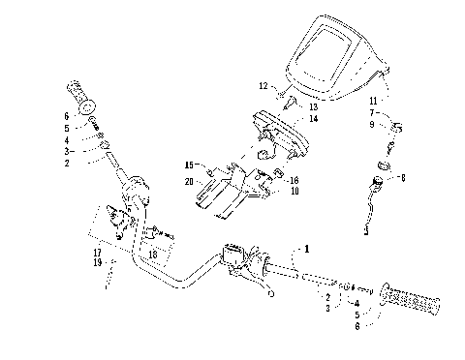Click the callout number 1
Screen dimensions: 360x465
[309, 248]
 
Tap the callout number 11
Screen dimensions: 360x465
[374, 101]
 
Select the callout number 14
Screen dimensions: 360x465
[313, 118]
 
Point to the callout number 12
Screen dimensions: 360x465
[263, 87]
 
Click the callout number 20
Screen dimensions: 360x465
[187, 181]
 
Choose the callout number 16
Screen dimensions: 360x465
[294, 180]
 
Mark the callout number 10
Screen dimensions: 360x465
[294, 192]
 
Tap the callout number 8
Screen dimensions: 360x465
[403, 178]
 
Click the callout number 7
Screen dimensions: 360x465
[374, 113]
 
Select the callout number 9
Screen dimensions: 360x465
[374, 125]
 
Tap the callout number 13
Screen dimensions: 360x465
[313, 106]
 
